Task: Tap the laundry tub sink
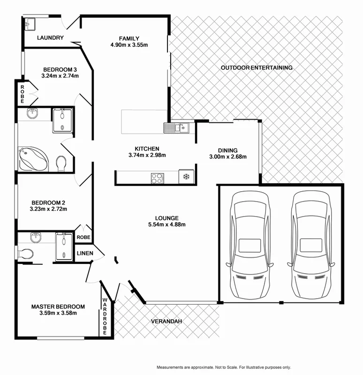tap(30, 23)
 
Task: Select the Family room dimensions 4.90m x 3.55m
tap(129, 45)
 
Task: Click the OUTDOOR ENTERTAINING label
tap(257, 68)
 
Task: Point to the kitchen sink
tap(176, 127)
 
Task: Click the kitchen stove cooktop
tap(157, 178)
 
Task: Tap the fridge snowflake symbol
tap(186, 177)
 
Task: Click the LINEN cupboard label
tap(85, 254)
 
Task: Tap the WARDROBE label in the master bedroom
tap(105, 316)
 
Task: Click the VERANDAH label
tap(166, 322)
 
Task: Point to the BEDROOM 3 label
tap(60, 69)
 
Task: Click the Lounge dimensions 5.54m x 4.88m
tap(166, 225)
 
